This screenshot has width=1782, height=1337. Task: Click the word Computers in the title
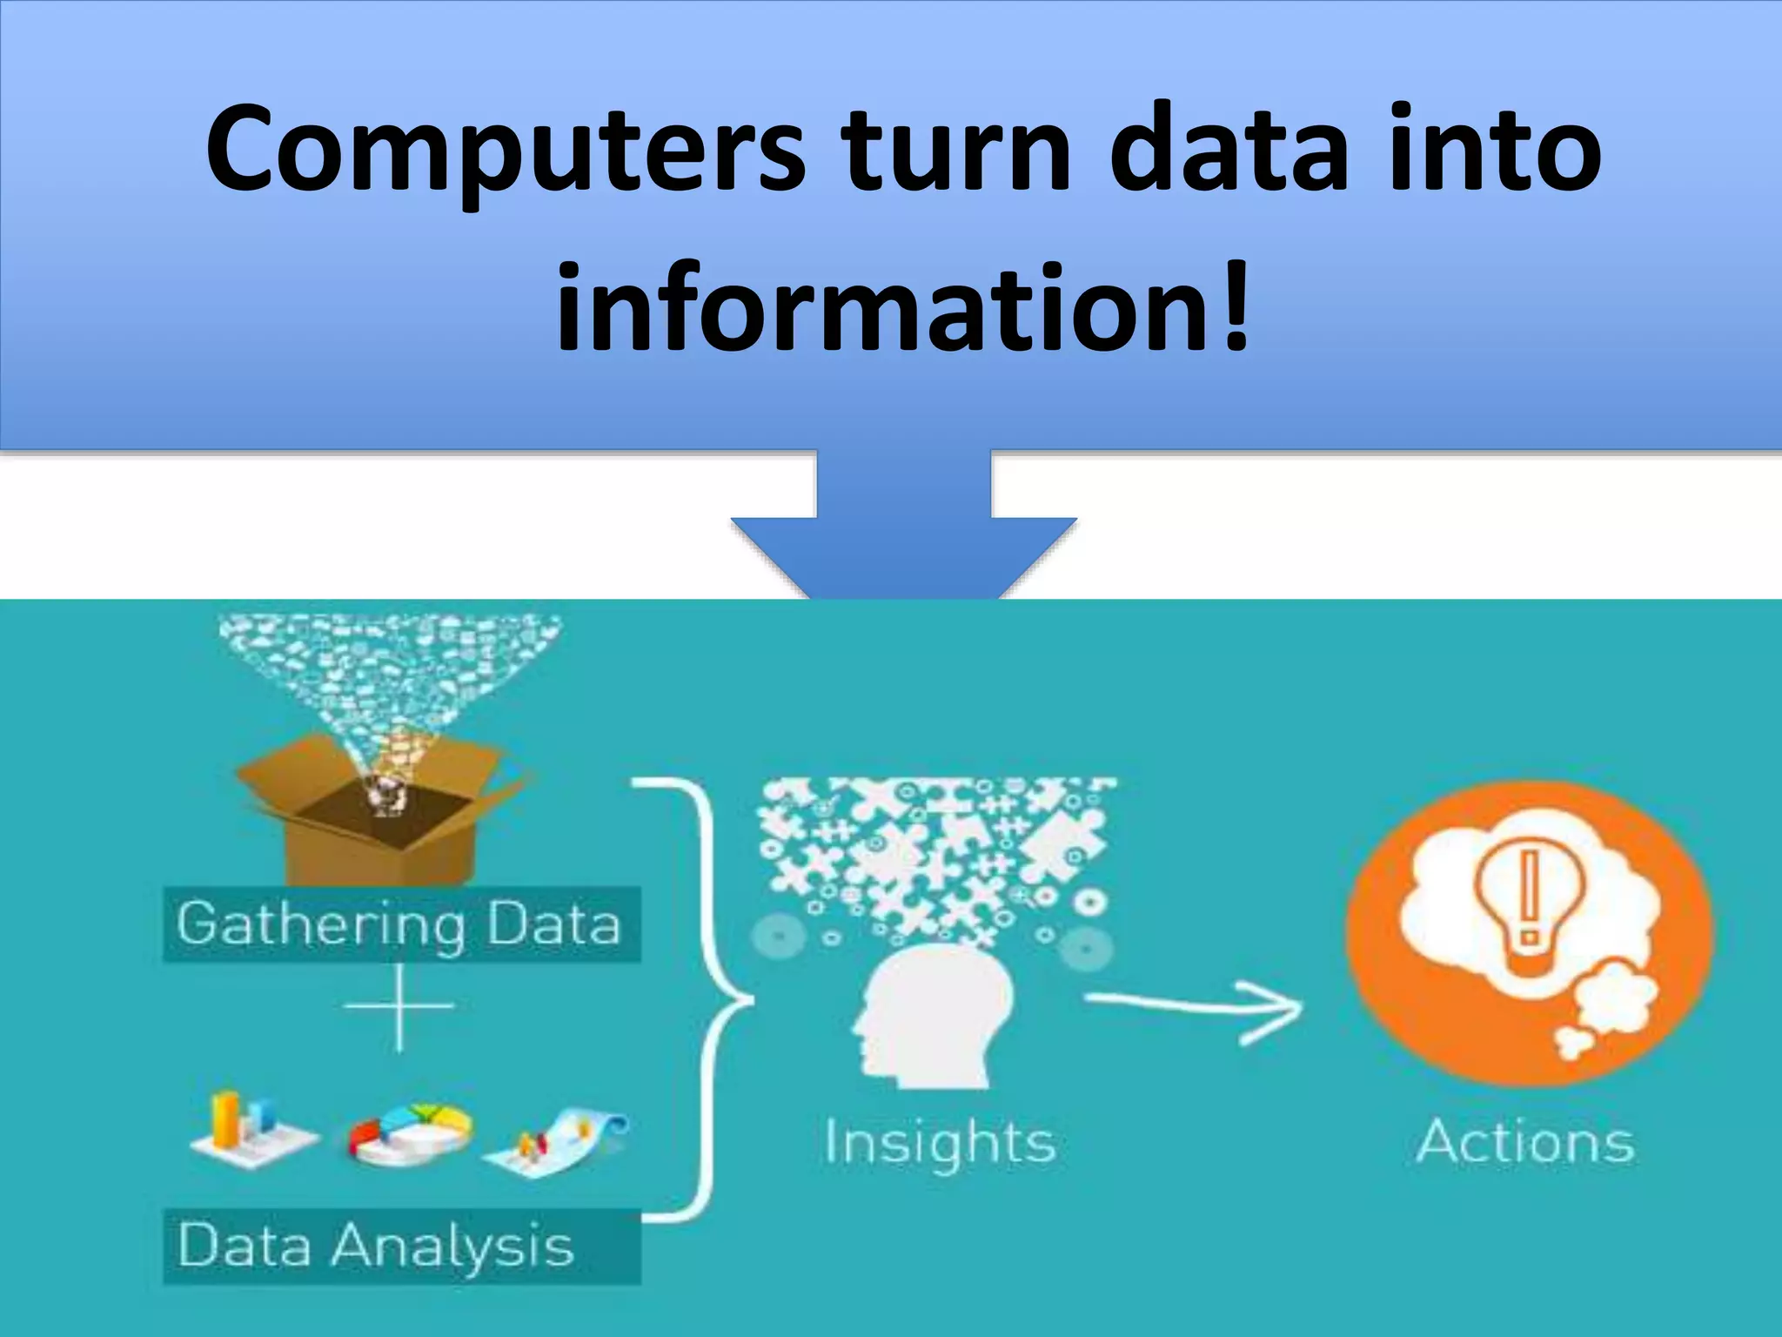pyautogui.click(x=506, y=149)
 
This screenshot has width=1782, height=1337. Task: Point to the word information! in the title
pyautogui.click(x=903, y=309)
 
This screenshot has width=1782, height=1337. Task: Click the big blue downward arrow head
pyautogui.click(x=903, y=557)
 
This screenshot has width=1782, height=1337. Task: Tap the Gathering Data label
pyautogui.click(x=399, y=924)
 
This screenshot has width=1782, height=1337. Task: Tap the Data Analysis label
pyautogui.click(x=376, y=1246)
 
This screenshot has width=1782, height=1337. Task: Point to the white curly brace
pyautogui.click(x=705, y=1001)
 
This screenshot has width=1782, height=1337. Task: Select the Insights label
pyautogui.click(x=940, y=1142)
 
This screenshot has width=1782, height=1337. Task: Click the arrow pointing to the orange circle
pyautogui.click(x=1192, y=1008)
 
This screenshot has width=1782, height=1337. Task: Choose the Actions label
pyautogui.click(x=1525, y=1142)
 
